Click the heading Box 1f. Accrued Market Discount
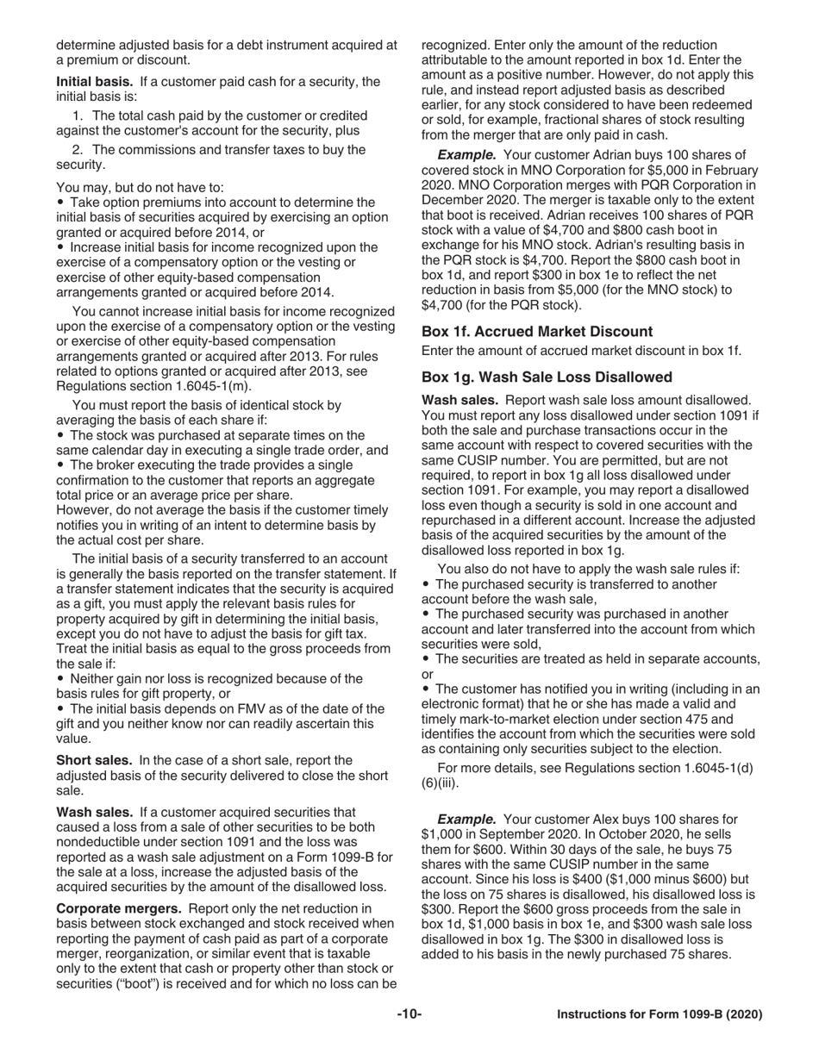(537, 331)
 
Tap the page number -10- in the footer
(409, 1015)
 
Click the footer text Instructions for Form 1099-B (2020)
(660, 1015)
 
